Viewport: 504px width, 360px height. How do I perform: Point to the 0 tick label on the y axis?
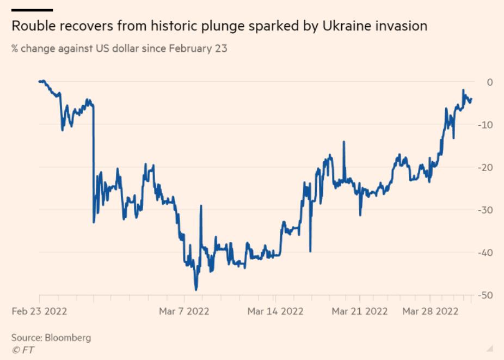(489, 82)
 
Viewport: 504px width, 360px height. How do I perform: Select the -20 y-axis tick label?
(485, 167)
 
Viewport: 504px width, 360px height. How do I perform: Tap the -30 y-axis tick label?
(485, 210)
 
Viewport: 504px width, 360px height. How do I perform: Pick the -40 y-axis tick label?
(485, 252)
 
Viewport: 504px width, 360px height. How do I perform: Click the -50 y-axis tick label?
(485, 295)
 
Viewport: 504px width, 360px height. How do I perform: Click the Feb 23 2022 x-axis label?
(39, 311)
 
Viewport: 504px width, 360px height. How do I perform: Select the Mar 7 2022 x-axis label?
(184, 311)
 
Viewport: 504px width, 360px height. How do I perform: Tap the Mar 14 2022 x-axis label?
(275, 311)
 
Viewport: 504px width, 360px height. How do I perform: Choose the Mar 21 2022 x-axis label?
(360, 311)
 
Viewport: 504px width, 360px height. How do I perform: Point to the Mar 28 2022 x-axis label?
(430, 311)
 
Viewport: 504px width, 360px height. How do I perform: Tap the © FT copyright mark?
(23, 350)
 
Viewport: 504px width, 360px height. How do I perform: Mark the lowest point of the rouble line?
(196, 290)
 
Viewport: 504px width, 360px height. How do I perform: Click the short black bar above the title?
(32, 10)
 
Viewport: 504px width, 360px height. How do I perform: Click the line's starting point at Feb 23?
(40, 81)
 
